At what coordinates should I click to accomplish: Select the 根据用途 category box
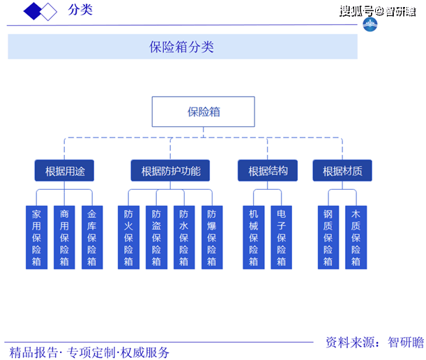(x=64, y=170)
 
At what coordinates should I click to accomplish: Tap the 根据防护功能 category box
(x=170, y=170)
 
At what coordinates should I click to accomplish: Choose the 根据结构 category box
(x=268, y=170)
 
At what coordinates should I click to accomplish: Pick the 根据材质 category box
(x=342, y=170)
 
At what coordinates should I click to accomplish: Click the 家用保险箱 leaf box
(x=36, y=237)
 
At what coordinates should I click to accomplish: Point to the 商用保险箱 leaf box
(x=64, y=237)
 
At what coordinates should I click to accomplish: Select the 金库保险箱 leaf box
(x=91, y=237)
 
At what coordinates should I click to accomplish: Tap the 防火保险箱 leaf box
(x=128, y=237)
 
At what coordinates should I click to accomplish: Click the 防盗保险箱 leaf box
(x=156, y=237)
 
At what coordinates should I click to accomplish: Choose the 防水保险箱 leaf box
(x=183, y=237)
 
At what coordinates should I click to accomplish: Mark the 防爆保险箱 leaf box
(x=211, y=237)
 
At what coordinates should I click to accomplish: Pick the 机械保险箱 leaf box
(x=254, y=237)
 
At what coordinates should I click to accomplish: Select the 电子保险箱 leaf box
(x=281, y=237)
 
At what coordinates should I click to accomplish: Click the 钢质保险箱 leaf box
(x=328, y=237)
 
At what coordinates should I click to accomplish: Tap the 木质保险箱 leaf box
(x=356, y=237)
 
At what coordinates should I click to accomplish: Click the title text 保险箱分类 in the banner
(x=182, y=47)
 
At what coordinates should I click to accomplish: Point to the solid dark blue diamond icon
(x=33, y=10)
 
